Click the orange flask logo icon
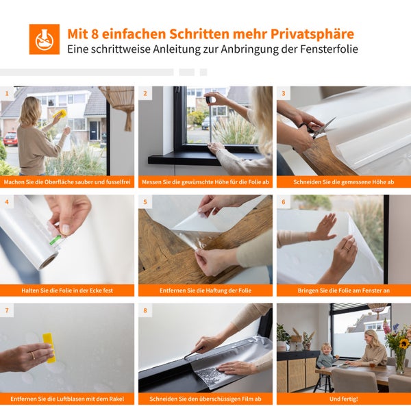pyautogui.click(x=45, y=39)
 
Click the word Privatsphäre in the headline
pyautogui.click(x=312, y=34)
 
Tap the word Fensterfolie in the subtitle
pyautogui.click(x=329, y=49)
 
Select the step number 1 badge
pyautogui.click(x=7, y=93)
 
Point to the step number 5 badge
pyautogui.click(x=145, y=202)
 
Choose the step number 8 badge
pyautogui.click(x=145, y=310)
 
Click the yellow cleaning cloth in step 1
pyautogui.click(x=60, y=114)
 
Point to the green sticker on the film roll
pyautogui.click(x=56, y=240)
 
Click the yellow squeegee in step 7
pyautogui.click(x=49, y=347)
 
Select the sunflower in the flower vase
pyautogui.click(x=404, y=343)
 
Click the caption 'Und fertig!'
pyautogui.click(x=344, y=399)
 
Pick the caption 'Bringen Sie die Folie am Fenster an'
pyautogui.click(x=344, y=290)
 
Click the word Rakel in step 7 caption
pyautogui.click(x=117, y=399)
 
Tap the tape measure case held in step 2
pyautogui.click(x=211, y=100)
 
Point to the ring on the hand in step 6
pyautogui.click(x=346, y=248)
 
